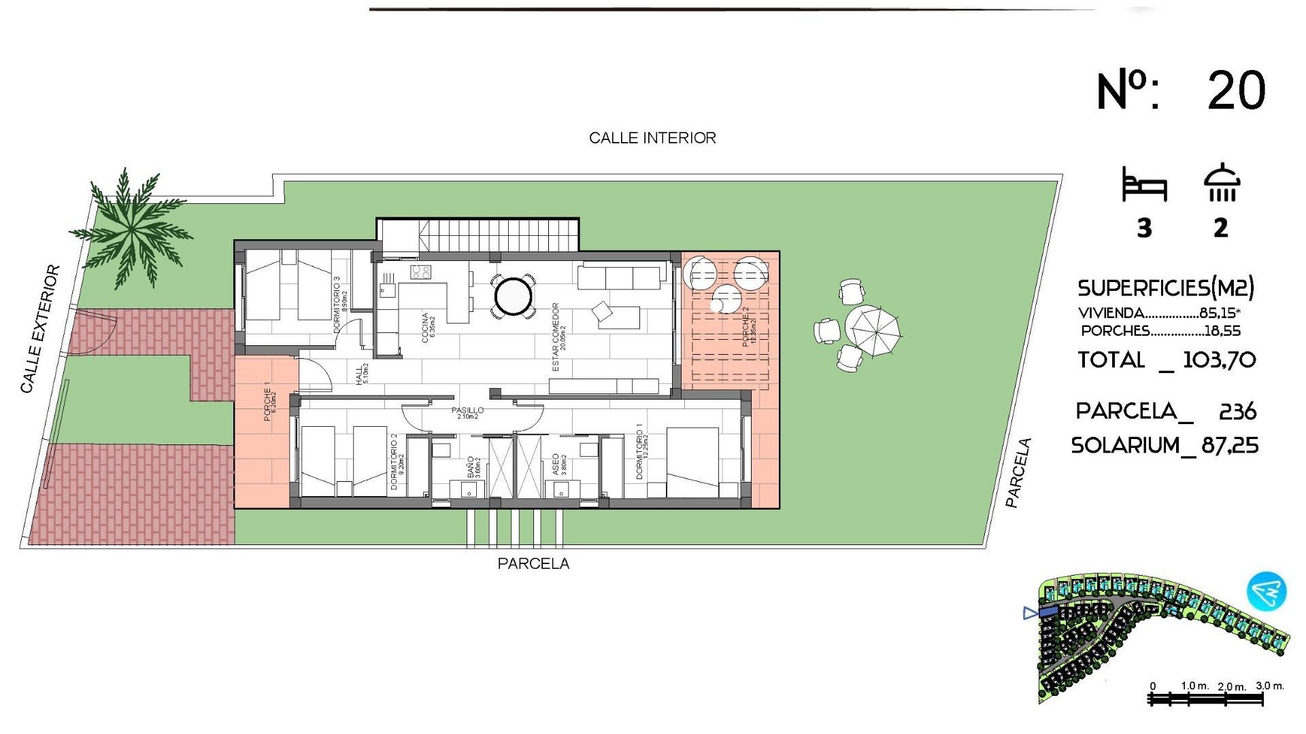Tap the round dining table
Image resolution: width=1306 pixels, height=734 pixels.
coord(514,296)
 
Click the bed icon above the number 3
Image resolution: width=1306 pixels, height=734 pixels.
coord(1144,184)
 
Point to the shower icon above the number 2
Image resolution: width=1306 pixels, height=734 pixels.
coord(1222,183)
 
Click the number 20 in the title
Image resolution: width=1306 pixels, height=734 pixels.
coord(1236,91)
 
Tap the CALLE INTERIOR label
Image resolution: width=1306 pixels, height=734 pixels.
coord(652,138)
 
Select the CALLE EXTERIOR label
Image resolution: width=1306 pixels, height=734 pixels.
coord(39,329)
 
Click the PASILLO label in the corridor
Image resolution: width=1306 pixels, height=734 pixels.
coord(467,410)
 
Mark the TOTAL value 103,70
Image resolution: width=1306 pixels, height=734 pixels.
coord(1219,360)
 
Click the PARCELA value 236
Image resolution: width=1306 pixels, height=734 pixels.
coord(1237,411)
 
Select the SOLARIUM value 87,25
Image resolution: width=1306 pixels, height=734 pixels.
coord(1230,446)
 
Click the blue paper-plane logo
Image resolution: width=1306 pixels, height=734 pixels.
coord(1267,591)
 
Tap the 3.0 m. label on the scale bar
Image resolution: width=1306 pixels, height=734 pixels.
coord(1269,686)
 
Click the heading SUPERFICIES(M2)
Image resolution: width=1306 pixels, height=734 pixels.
coord(1165,288)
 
